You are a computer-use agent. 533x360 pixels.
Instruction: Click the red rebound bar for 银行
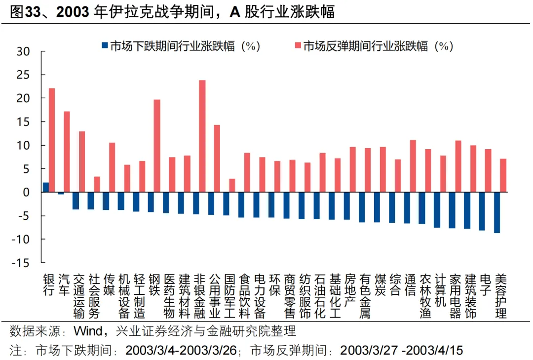pos(52,140)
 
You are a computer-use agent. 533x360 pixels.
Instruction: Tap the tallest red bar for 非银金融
pos(202,136)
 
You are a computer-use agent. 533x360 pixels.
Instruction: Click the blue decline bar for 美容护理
pos(496,212)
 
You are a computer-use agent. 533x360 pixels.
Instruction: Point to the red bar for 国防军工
pos(232,186)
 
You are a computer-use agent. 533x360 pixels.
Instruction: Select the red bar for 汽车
pos(67,152)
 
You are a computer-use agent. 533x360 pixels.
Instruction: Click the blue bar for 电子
pos(482,211)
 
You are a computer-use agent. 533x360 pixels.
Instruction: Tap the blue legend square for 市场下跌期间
pos(104,46)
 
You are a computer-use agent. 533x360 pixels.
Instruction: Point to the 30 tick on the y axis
pos(23,51)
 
